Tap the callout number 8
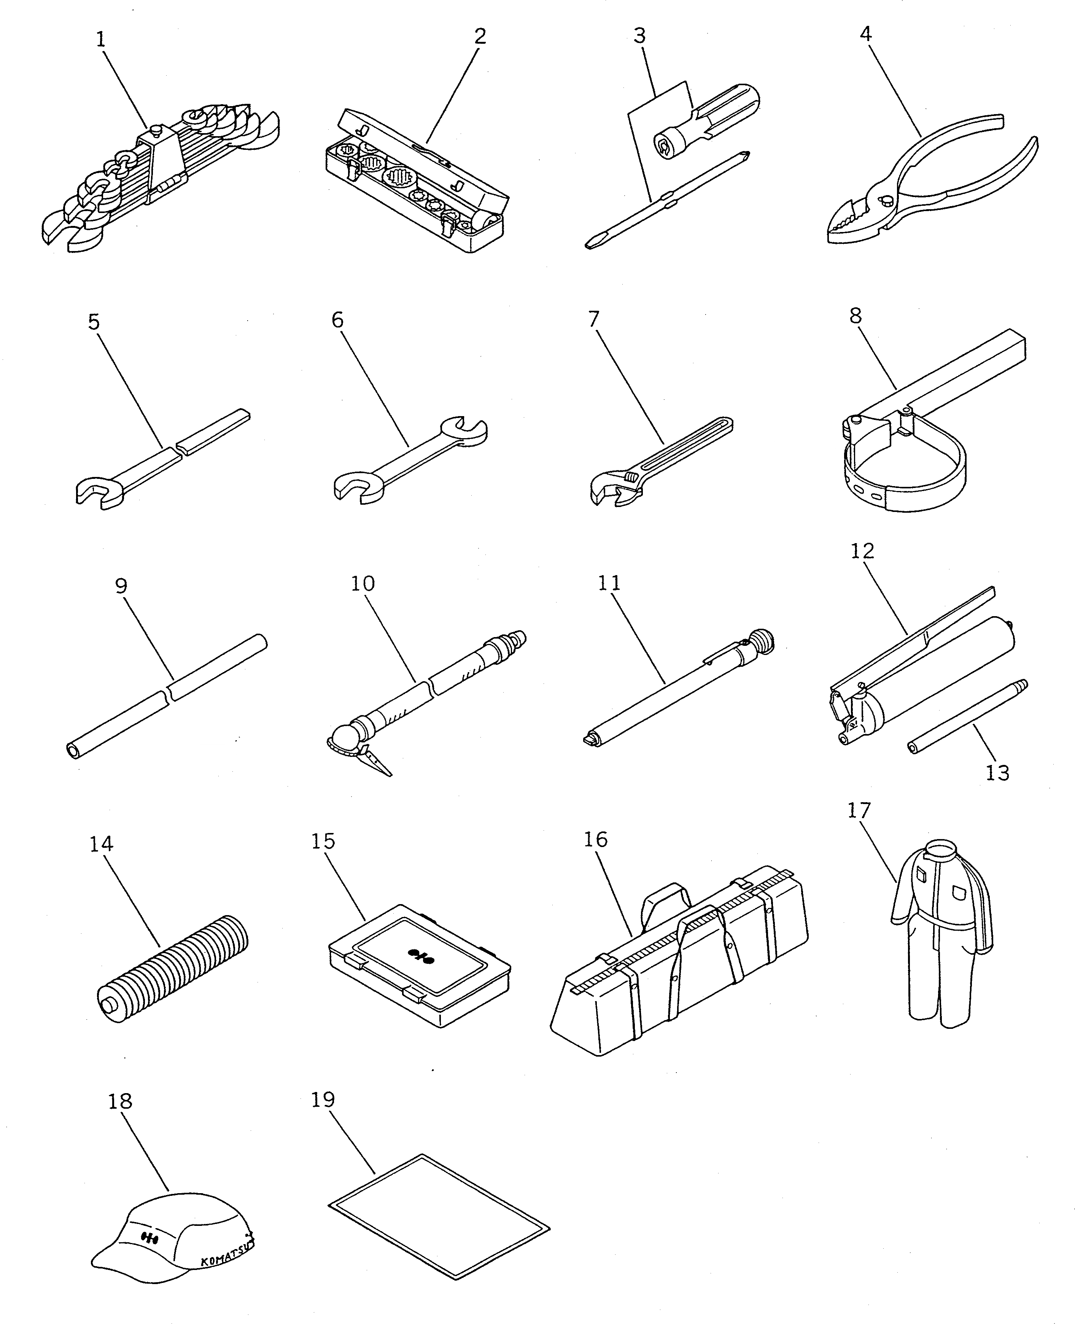pos(855,316)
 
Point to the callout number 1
pos(101,40)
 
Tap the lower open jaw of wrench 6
pos(353,485)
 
